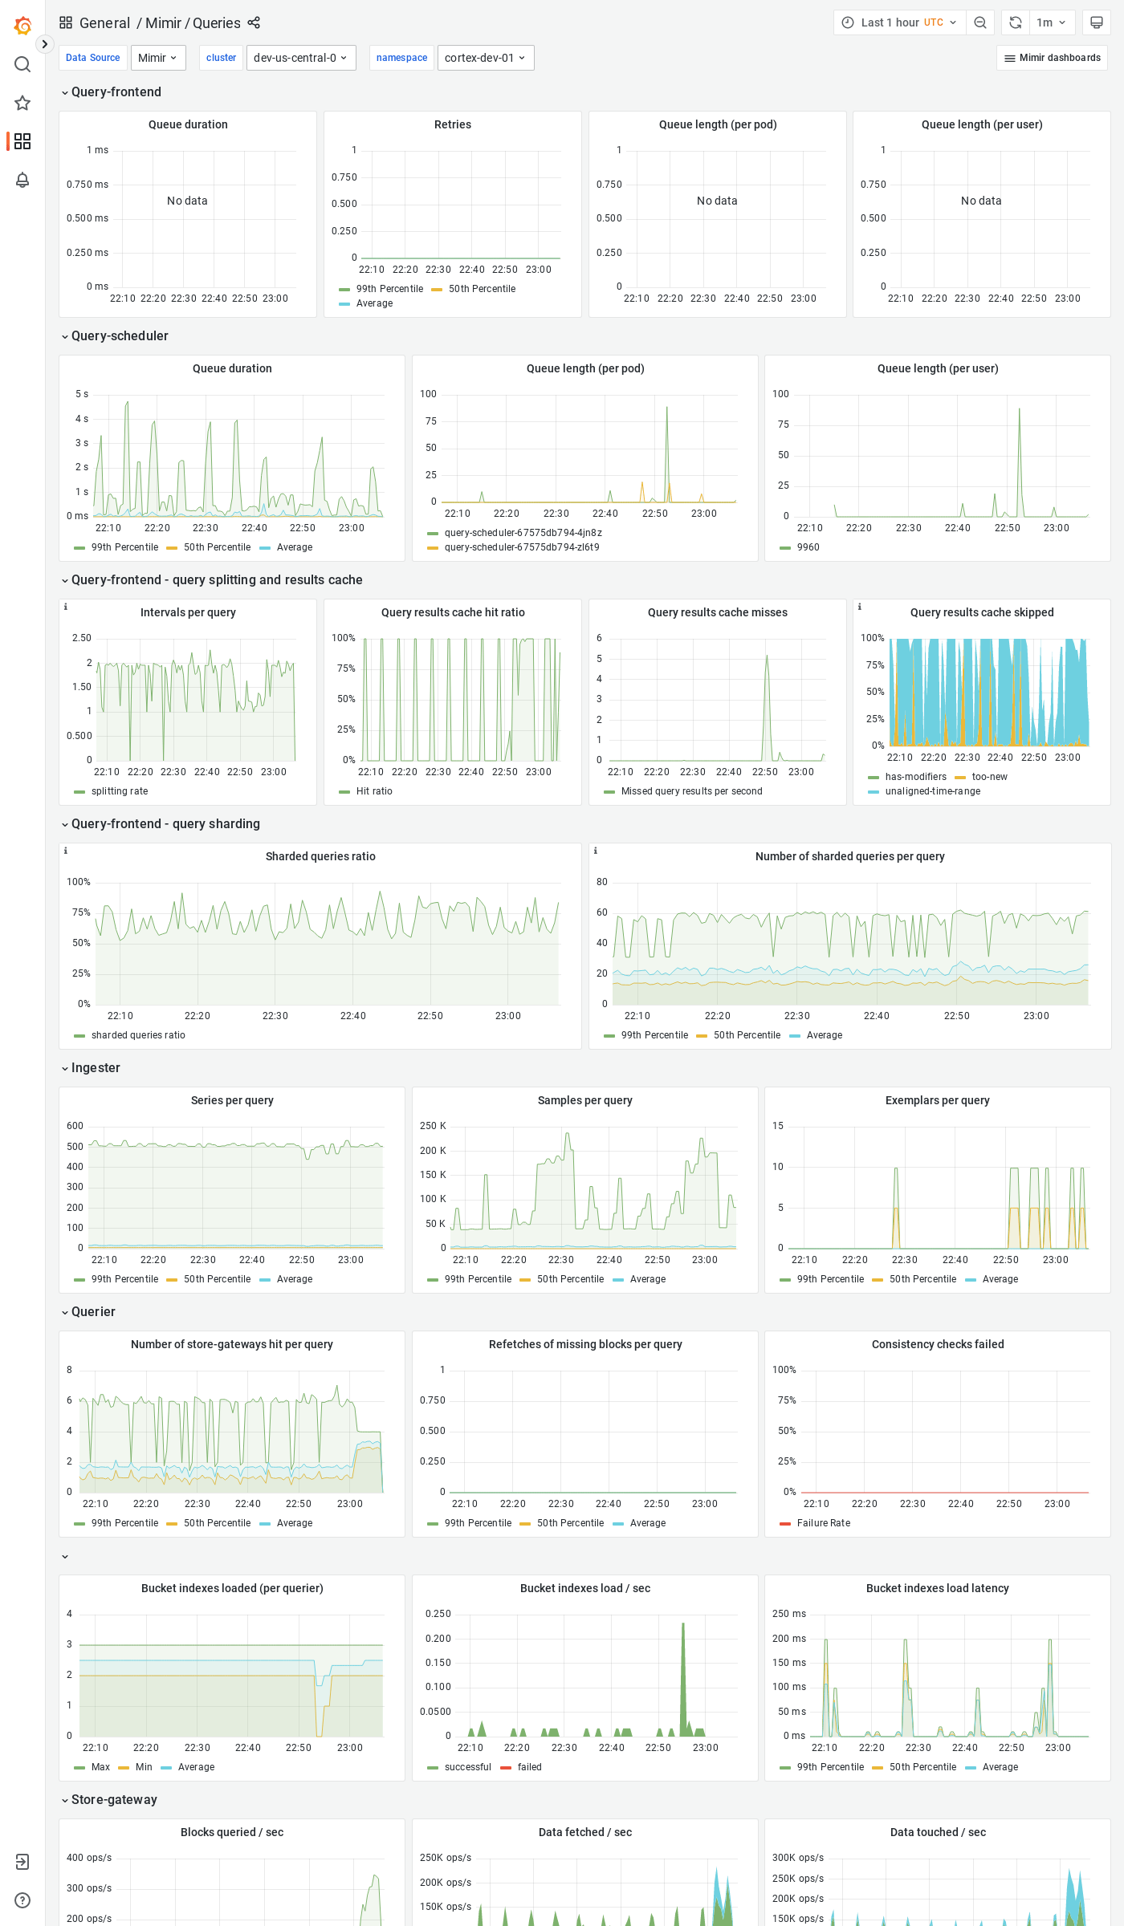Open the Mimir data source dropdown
(x=158, y=58)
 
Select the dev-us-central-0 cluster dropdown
(x=301, y=58)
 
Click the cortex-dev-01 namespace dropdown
(x=486, y=58)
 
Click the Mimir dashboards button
(x=1052, y=58)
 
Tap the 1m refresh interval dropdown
(x=1051, y=22)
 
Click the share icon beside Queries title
(x=254, y=22)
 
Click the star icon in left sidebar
(x=22, y=103)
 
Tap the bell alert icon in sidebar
(x=22, y=180)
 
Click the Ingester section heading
(x=96, y=1067)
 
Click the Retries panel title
(x=453, y=124)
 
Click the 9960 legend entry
(x=808, y=547)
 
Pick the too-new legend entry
(x=989, y=777)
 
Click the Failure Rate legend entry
(x=823, y=1523)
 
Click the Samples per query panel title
(x=585, y=1100)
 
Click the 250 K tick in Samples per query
(x=433, y=1126)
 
